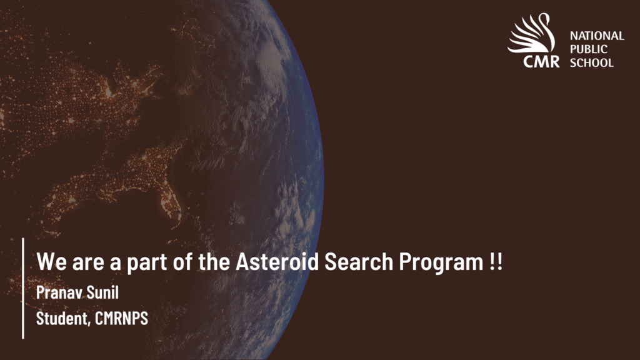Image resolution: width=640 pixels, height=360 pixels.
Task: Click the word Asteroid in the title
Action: coord(277,261)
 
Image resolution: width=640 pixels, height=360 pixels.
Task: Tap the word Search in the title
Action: coord(359,261)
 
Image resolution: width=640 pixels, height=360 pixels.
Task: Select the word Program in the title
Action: coord(441,263)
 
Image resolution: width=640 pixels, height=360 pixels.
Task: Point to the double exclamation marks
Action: coord(496,261)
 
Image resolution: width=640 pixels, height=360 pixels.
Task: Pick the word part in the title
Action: coord(147,263)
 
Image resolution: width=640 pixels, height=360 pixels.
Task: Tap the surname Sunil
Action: coord(102,292)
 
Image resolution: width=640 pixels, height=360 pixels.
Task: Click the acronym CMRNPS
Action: coord(122,318)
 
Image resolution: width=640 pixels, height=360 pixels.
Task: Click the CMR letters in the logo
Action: coord(541,62)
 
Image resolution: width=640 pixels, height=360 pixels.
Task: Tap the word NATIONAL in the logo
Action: coord(597,36)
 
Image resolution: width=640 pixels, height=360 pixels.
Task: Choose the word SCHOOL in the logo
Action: coord(592,63)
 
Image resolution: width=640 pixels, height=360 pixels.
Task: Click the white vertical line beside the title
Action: coord(23,288)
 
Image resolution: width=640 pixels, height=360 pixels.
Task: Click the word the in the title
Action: coord(214,261)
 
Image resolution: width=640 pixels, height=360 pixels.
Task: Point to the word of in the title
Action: coord(183,261)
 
